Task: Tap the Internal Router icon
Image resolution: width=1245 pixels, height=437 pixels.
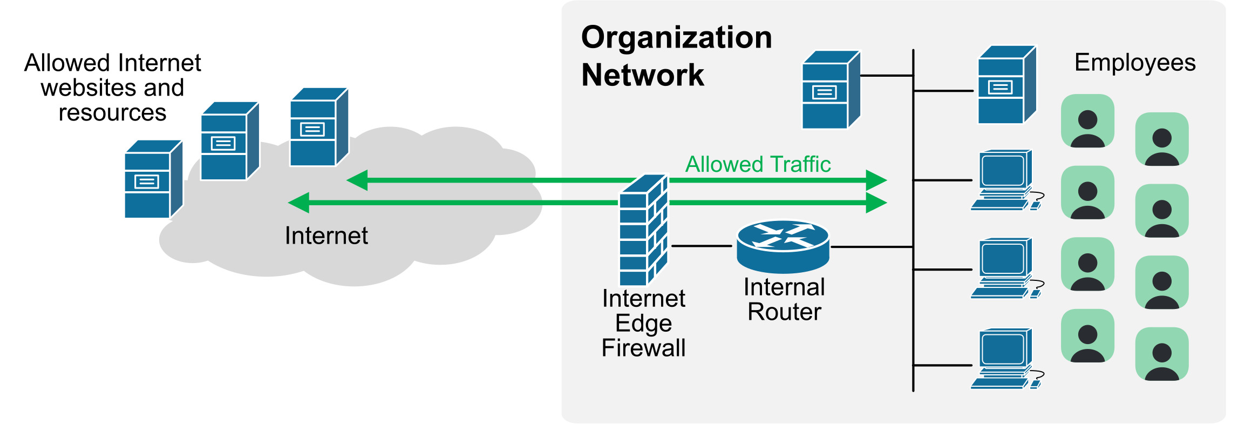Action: (x=783, y=246)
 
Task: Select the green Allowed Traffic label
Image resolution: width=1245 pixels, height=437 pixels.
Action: (x=758, y=164)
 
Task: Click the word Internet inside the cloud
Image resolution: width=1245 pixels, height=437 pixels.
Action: (x=326, y=236)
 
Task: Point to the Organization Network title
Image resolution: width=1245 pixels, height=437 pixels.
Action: (x=676, y=56)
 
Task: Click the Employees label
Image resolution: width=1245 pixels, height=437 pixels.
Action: (x=1135, y=63)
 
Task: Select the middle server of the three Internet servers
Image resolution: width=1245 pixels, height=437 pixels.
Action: (x=229, y=141)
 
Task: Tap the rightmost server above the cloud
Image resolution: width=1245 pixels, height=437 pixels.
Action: (x=319, y=127)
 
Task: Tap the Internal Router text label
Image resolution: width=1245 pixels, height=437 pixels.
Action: (x=784, y=299)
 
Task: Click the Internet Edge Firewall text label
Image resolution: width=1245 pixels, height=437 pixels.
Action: (x=643, y=323)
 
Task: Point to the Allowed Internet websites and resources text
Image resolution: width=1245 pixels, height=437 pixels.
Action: (x=112, y=88)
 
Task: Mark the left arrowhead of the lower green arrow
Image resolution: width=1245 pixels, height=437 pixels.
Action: (x=299, y=203)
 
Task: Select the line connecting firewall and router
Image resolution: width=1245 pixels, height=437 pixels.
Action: (x=702, y=246)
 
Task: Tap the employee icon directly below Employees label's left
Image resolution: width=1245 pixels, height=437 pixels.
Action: (x=1087, y=121)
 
